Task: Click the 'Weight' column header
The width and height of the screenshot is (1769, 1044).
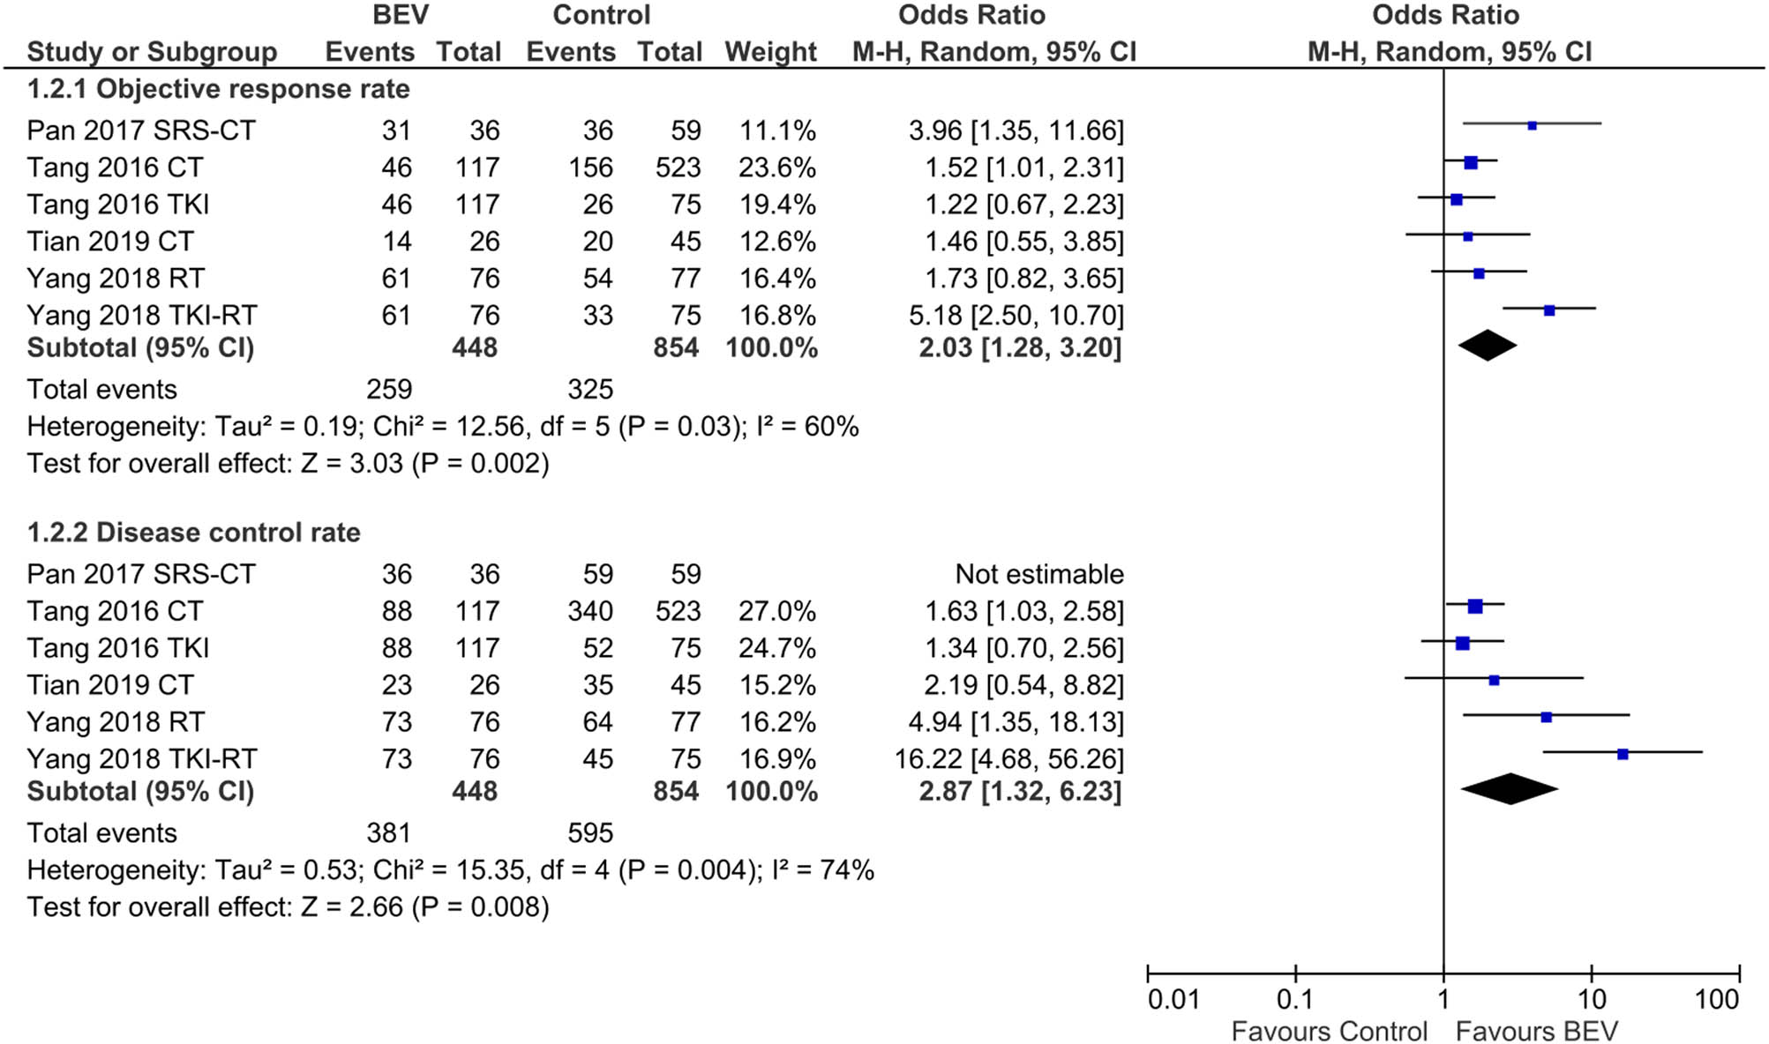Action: pyautogui.click(x=770, y=52)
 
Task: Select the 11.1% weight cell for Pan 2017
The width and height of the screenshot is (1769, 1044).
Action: pyautogui.click(x=776, y=130)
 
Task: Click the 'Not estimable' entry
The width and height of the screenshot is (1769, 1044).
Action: pyautogui.click(x=1038, y=574)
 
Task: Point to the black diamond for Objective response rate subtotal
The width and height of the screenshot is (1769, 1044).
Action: pyautogui.click(x=1488, y=346)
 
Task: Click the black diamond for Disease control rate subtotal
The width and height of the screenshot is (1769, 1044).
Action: pyautogui.click(x=1510, y=789)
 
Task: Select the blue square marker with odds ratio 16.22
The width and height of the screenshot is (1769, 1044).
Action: pyautogui.click(x=1623, y=754)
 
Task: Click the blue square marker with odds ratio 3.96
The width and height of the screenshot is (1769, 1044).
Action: pyautogui.click(x=1533, y=126)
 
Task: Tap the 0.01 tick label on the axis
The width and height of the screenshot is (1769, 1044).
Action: pyautogui.click(x=1173, y=1000)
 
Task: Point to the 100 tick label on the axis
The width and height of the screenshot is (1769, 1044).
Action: pyautogui.click(x=1717, y=1000)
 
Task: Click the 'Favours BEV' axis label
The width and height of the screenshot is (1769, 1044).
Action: pyautogui.click(x=1537, y=1032)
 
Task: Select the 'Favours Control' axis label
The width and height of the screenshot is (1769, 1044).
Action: pyautogui.click(x=1329, y=1032)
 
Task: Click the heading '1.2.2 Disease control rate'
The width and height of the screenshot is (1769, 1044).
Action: pyautogui.click(x=193, y=533)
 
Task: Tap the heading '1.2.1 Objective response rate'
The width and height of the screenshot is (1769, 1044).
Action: pyautogui.click(x=218, y=89)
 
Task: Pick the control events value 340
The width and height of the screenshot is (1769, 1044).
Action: pyautogui.click(x=589, y=611)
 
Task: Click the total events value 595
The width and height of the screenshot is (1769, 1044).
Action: pyautogui.click(x=589, y=833)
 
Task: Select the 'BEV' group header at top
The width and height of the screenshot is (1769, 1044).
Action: pyautogui.click(x=401, y=15)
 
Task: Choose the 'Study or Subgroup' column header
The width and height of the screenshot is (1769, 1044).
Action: pyautogui.click(x=152, y=52)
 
